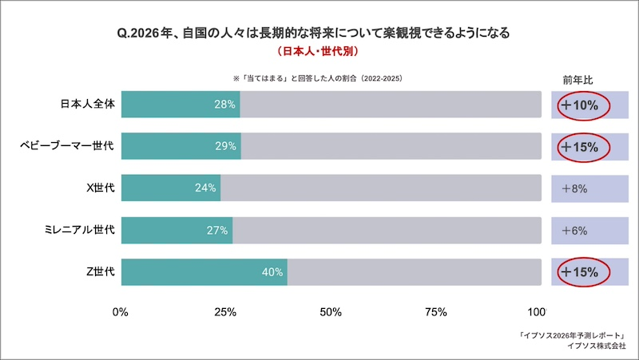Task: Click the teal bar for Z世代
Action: point(204,272)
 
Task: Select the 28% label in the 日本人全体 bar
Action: point(224,105)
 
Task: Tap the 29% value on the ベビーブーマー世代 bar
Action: point(225,146)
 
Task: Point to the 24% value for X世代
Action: point(205,188)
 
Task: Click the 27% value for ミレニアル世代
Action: point(217,231)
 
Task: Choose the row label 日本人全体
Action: point(88,105)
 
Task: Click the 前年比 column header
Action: point(577,80)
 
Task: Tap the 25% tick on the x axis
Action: point(225,311)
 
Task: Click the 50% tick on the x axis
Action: point(331,311)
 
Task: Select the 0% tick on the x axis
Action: point(121,311)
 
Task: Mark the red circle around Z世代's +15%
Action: point(583,272)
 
